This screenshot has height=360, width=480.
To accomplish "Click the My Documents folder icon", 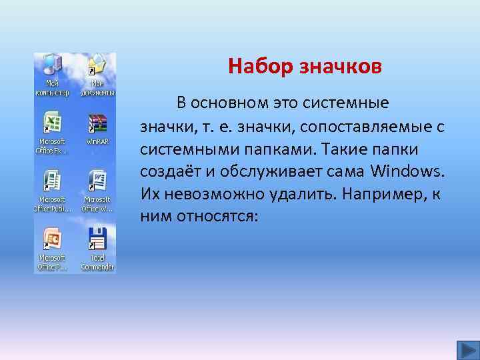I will [97, 65].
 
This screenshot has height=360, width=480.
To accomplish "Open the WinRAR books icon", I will [97, 123].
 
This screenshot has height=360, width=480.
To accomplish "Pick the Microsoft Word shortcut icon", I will [97, 180].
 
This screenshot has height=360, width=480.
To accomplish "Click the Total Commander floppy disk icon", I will [97, 238].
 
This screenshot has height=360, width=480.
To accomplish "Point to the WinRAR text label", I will [97, 141].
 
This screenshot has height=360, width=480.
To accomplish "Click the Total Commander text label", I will [97, 262].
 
